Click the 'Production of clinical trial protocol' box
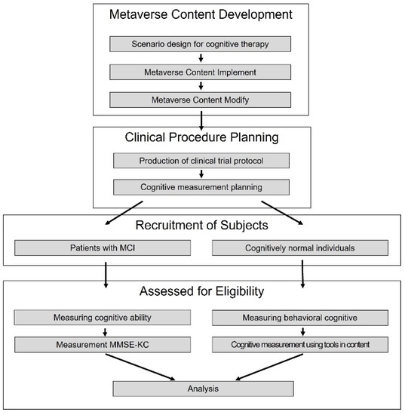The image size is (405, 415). click(201, 160)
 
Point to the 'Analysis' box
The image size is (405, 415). click(201, 389)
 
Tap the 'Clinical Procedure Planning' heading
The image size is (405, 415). click(201, 138)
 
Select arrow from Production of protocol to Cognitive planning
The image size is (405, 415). click(201, 174)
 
